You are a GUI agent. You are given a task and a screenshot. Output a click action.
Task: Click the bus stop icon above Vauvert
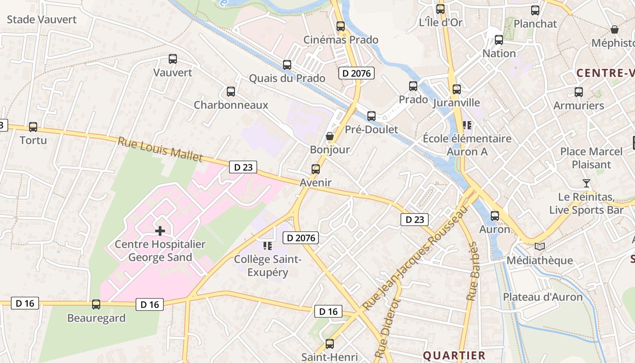click(x=172, y=59)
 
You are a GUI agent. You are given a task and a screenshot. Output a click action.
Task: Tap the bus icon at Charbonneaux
click(x=231, y=92)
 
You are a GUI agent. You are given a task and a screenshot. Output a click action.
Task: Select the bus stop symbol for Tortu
click(x=33, y=127)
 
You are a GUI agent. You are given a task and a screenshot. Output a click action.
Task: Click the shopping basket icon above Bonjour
click(x=330, y=136)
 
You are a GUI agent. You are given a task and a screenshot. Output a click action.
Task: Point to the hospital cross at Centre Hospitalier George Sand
click(x=160, y=231)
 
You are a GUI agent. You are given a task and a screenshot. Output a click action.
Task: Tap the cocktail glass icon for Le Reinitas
click(x=586, y=183)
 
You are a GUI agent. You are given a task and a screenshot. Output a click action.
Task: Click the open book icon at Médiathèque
click(x=540, y=246)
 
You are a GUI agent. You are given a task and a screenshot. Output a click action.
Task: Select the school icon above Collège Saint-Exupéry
click(x=268, y=246)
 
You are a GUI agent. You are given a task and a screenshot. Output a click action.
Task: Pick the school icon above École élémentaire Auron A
click(x=467, y=125)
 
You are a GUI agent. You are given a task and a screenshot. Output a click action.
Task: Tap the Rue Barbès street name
click(x=473, y=271)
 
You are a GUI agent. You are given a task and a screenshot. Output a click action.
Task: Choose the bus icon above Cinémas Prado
click(x=341, y=26)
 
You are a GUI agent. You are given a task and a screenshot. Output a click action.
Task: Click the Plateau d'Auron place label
click(x=542, y=297)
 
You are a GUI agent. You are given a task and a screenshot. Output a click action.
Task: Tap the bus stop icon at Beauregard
click(x=96, y=304)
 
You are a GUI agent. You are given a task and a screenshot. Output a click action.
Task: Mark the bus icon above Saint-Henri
click(x=330, y=344)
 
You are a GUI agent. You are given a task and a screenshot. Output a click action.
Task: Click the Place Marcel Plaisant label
click(x=591, y=158)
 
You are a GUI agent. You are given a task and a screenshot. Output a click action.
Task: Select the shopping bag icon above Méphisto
click(x=615, y=29)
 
